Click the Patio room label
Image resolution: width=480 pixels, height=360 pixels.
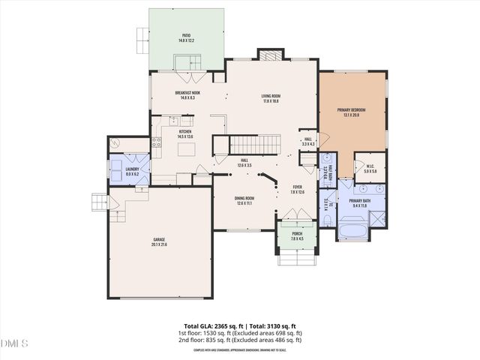pyautogui.click(x=187, y=37)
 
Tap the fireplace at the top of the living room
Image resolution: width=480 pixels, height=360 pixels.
pyautogui.click(x=270, y=55)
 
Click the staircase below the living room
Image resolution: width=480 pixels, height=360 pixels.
pyautogui.click(x=253, y=143)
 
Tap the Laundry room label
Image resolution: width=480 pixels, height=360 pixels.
pyautogui.click(x=122, y=171)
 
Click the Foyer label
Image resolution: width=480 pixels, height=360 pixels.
pyautogui.click(x=297, y=190)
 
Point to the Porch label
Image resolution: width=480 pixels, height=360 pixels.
pyautogui.click(x=297, y=235)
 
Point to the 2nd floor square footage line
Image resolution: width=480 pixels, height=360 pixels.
pyautogui.click(x=239, y=340)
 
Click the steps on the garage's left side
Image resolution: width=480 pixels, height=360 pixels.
pyautogui.click(x=100, y=203)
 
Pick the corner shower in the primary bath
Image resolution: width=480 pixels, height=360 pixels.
pyautogui.click(x=379, y=219)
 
